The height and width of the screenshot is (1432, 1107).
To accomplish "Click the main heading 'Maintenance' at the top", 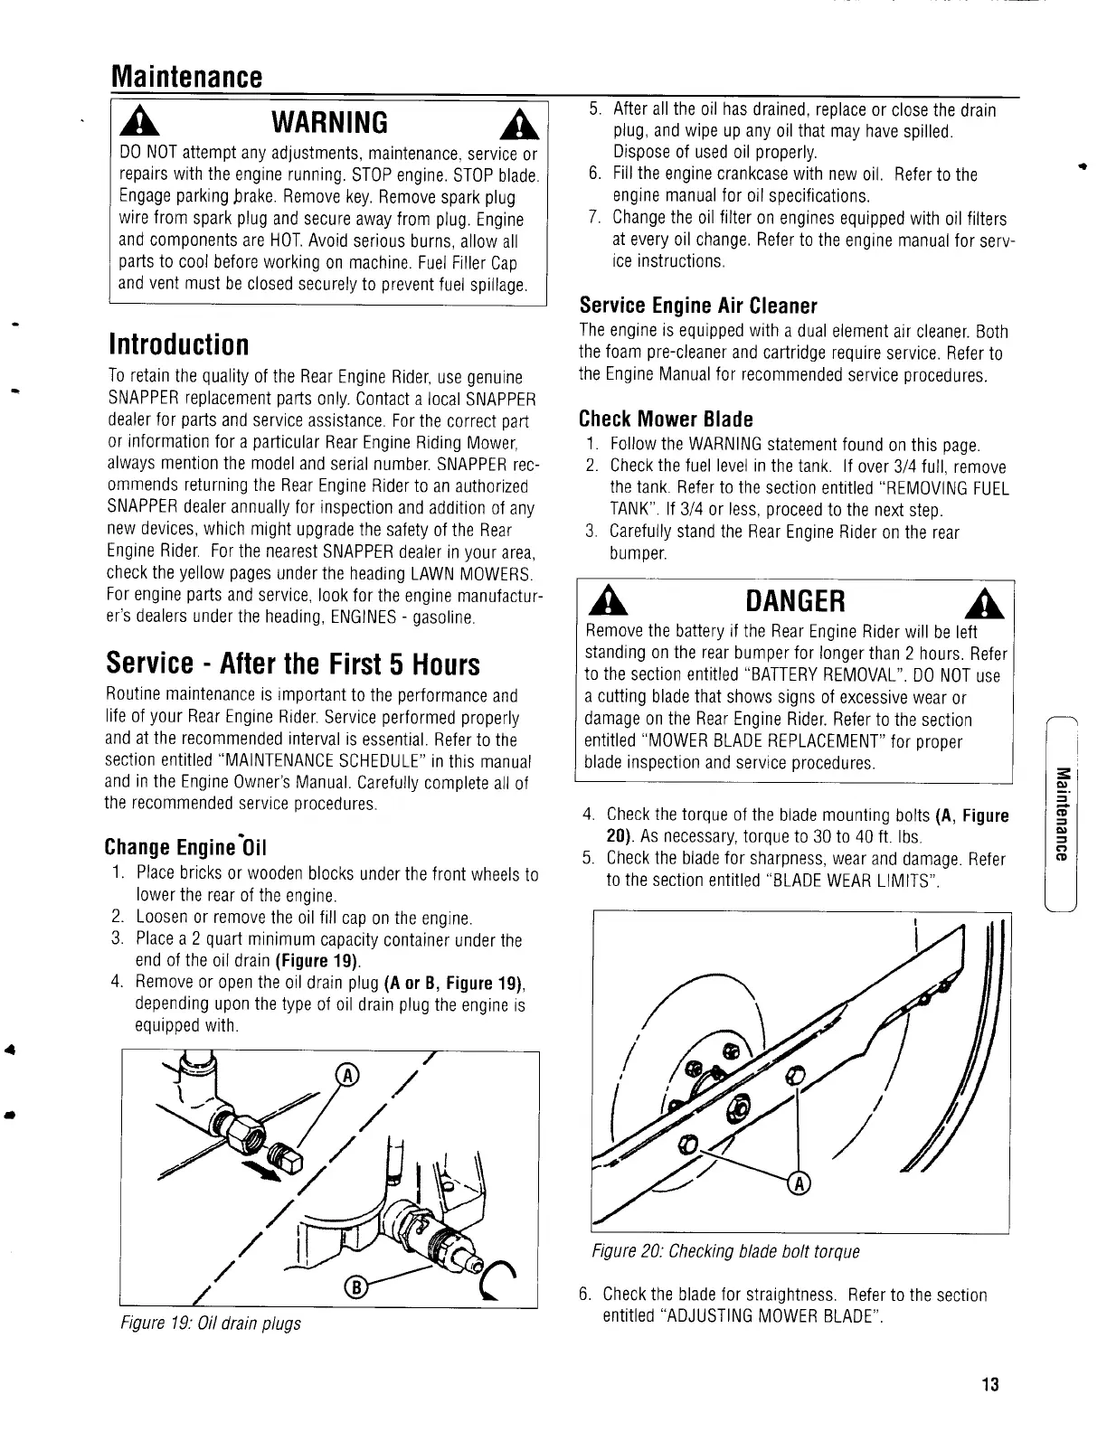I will pos(185,74).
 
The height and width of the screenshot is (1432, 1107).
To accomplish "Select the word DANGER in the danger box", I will pos(795,600).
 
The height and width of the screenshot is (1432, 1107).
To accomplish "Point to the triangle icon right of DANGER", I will pos(990,601).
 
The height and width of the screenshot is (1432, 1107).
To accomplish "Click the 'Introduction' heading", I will pos(178,344).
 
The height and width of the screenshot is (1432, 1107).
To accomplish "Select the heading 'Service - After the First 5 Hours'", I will pos(293,664).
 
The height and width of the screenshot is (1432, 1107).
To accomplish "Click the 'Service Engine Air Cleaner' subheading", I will pos(698,305).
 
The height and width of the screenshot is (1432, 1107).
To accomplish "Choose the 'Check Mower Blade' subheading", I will pos(666,419).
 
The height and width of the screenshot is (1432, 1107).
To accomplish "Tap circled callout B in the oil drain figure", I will pos(355,1287).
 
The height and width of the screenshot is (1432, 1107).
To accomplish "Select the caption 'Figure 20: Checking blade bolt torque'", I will pos(725,1252).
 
